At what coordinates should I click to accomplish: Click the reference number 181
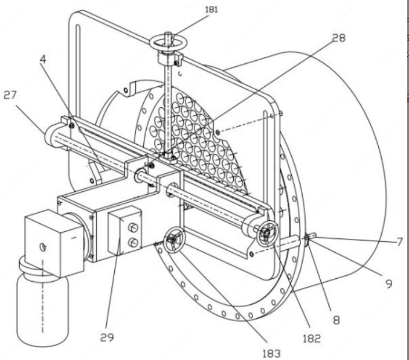click(211, 9)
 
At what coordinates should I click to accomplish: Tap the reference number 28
click(339, 38)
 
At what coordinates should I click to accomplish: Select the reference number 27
click(10, 95)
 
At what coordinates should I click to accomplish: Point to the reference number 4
click(43, 60)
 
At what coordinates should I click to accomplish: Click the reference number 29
click(107, 337)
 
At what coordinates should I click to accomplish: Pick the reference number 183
click(272, 354)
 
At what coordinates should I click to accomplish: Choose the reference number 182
click(312, 339)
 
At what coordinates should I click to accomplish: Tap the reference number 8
click(336, 319)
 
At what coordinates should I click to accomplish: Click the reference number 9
click(389, 283)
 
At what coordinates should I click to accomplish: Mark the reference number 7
click(400, 242)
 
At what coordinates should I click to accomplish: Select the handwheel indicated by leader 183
click(174, 240)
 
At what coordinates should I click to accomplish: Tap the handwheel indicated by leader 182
click(267, 233)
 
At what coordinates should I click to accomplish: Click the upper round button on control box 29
click(133, 227)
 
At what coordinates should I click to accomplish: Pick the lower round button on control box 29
click(133, 242)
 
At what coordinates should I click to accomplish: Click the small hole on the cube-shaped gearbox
click(43, 246)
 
